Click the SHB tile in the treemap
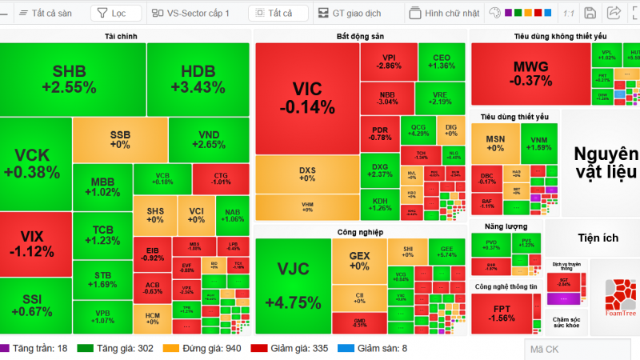pos(73,79)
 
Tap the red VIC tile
pos(307,97)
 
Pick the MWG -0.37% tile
pos(532,73)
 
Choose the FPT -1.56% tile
pos(502,313)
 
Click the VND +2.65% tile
pos(209,139)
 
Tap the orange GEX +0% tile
pos(359,261)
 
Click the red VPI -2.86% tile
pos(389,62)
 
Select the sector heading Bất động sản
pos(360,37)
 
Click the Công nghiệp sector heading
pos(360,232)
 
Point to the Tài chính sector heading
pos(126,37)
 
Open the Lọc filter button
pos(115,14)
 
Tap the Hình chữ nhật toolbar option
pos(445,14)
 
